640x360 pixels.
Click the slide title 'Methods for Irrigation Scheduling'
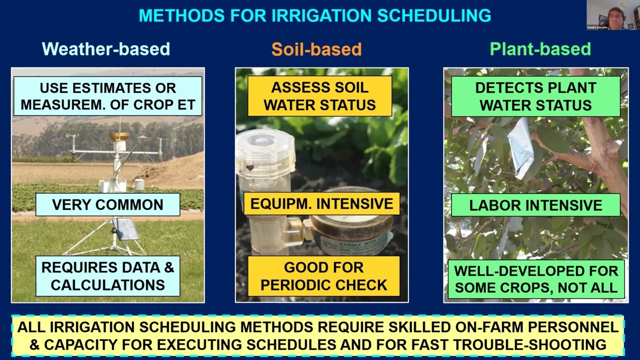tap(314, 15)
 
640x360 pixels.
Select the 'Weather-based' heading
tap(106, 49)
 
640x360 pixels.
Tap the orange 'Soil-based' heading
tap(316, 49)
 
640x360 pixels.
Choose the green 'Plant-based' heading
tap(540, 49)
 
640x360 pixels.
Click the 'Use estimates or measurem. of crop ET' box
tap(107, 96)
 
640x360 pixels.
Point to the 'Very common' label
tap(107, 204)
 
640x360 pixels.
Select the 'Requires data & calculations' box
tap(107, 276)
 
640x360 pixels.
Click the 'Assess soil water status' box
tap(319, 96)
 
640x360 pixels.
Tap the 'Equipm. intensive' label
tap(321, 204)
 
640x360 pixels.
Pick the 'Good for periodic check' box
tap(323, 276)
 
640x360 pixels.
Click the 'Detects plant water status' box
tap(535, 96)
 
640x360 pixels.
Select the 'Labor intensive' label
tap(535, 205)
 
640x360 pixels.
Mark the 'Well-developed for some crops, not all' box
tap(536, 279)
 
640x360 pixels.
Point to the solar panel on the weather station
tap(125, 229)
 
